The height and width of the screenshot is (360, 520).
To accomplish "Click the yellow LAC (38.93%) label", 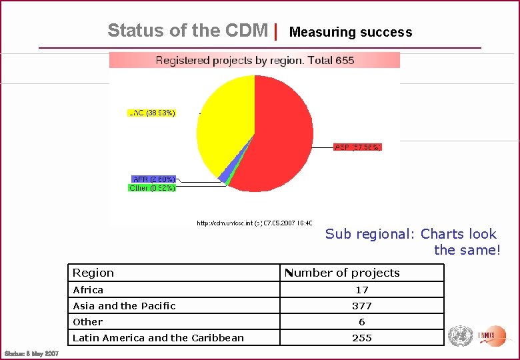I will [x=152, y=113].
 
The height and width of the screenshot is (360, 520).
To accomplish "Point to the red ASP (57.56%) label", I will [x=357, y=147].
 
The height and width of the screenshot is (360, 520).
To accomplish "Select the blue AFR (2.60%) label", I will [x=154, y=179].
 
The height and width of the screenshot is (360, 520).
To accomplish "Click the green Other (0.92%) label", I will [x=152, y=188].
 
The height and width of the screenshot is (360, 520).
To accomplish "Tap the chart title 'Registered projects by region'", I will [x=255, y=61].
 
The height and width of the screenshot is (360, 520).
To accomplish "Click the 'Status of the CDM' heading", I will [x=187, y=31].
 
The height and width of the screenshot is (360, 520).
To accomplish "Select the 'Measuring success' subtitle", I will [x=351, y=32].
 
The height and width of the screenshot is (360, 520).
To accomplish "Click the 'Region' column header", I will [x=93, y=273].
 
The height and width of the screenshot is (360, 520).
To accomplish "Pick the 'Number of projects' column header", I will [x=343, y=273].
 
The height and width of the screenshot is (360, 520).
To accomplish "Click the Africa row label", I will [x=88, y=290].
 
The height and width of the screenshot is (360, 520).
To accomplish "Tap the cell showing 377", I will [x=362, y=306].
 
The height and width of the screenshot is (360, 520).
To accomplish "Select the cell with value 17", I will [x=362, y=290].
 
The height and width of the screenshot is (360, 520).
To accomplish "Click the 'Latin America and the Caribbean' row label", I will [x=158, y=338].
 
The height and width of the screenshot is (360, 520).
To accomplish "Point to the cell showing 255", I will [x=362, y=338].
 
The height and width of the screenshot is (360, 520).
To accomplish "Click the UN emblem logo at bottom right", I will [x=460, y=335].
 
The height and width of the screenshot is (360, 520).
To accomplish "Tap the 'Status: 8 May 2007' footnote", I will [x=31, y=353].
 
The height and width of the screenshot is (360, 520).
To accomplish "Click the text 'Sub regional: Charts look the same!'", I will [x=412, y=242].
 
